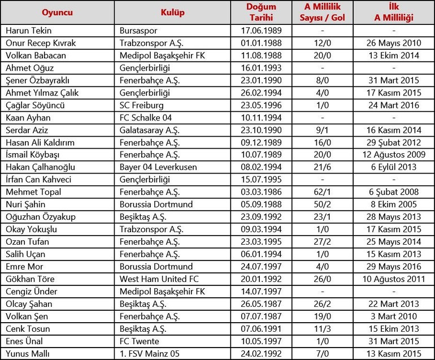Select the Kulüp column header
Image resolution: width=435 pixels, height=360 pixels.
tap(172, 12)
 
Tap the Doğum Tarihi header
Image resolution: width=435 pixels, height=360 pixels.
tap(260, 12)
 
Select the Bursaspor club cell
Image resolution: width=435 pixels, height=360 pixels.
tap(139, 31)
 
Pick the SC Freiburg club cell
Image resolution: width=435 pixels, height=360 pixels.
tap(141, 93)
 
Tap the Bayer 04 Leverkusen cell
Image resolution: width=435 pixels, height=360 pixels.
tap(156, 167)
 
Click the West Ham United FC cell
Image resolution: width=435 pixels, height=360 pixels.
tap(159, 279)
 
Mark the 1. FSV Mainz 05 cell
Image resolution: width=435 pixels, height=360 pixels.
tap(150, 353)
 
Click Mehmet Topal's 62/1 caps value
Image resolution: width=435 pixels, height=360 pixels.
tap(320, 192)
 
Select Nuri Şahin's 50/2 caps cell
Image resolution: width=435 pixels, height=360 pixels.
tap(320, 205)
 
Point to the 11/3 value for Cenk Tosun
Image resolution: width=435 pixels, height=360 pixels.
tap(320, 329)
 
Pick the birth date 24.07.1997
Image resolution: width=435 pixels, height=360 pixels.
tap(260, 267)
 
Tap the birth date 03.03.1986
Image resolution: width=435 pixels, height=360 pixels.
tap(260, 192)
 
